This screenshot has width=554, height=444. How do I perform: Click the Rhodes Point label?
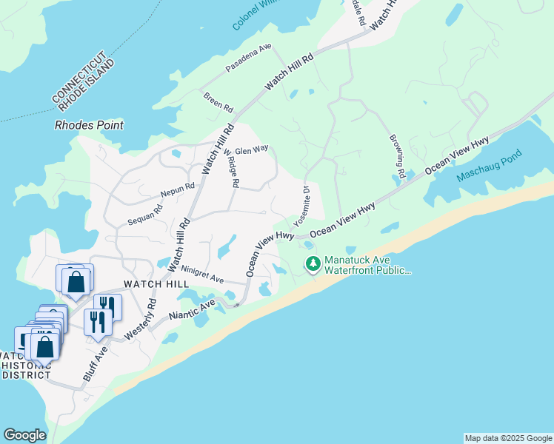tap(89, 125)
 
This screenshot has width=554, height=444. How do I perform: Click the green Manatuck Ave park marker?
tap(313, 263)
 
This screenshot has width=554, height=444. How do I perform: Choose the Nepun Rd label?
tap(178, 191)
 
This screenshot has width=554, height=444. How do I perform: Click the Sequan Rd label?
tap(144, 214)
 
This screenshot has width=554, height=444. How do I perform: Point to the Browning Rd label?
tap(396, 157)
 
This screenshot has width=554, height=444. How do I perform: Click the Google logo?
tap(24, 435)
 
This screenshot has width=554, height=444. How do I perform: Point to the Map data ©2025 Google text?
tap(508, 438)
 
